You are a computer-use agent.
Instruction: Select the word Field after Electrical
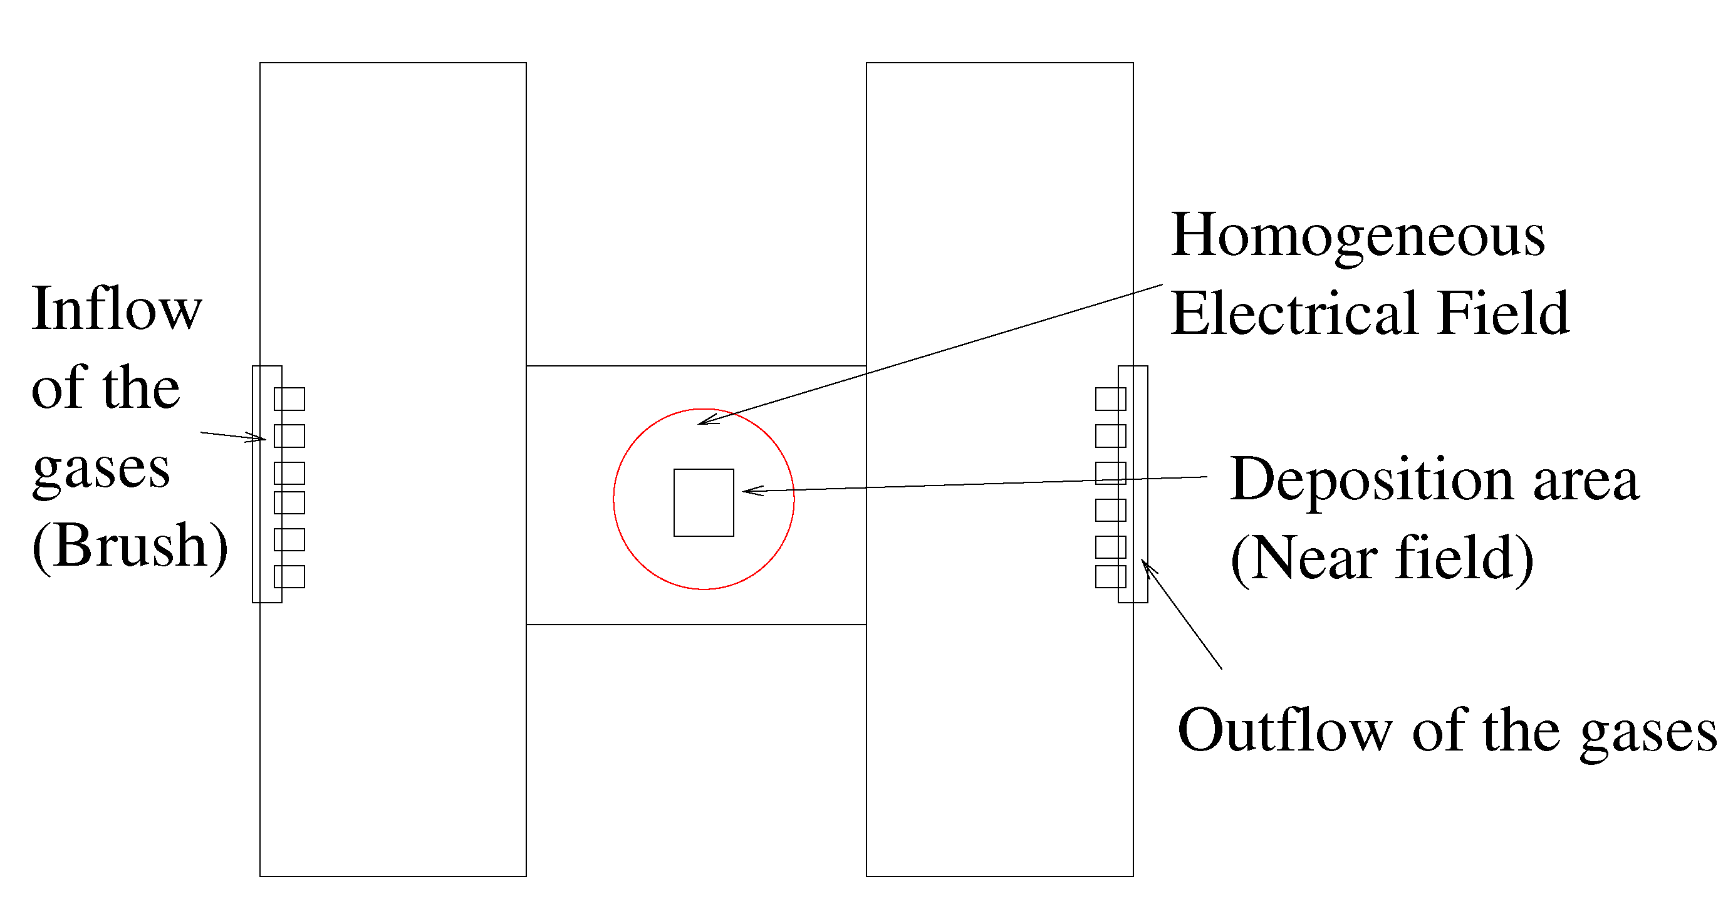tap(1503, 314)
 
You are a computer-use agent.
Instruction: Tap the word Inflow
tap(117, 309)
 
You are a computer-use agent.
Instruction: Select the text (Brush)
tap(130, 546)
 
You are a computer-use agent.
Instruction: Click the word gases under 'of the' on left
tap(101, 470)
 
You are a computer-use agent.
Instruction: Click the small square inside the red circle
tap(704, 502)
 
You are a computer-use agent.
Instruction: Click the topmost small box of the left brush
tap(289, 399)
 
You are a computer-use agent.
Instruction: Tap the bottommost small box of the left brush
tap(289, 577)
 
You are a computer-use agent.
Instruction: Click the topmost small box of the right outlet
tap(1110, 399)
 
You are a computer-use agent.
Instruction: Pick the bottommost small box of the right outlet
tap(1110, 577)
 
